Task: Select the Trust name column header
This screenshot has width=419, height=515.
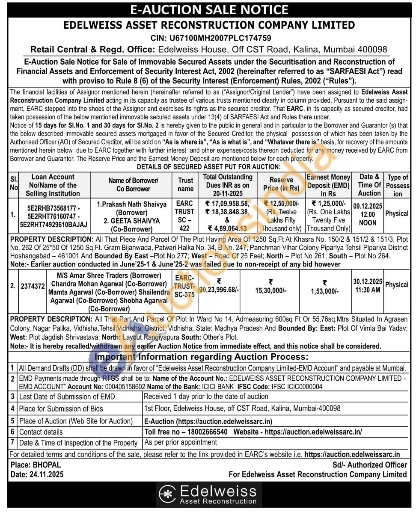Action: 186,185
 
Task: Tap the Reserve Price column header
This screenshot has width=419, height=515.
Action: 281,184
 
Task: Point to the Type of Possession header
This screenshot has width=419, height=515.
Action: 398,185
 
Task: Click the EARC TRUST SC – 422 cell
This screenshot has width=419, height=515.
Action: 184,216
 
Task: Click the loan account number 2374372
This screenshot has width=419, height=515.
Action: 33,286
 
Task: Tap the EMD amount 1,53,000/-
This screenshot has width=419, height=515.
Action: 324,291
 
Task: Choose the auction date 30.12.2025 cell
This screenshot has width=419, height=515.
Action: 368,285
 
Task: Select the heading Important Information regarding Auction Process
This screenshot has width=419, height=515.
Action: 201,357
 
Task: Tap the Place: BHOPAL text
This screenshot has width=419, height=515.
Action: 35,465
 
